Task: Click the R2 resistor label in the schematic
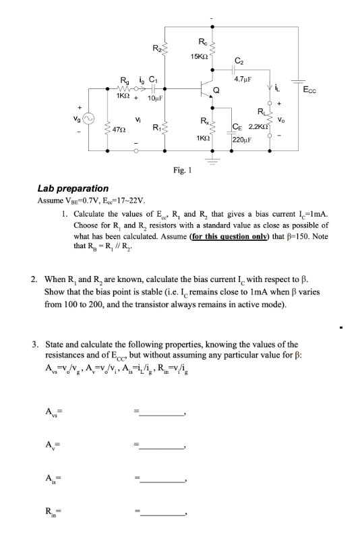click(x=156, y=47)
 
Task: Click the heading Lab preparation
click(x=72, y=188)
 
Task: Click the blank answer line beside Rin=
click(x=162, y=513)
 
